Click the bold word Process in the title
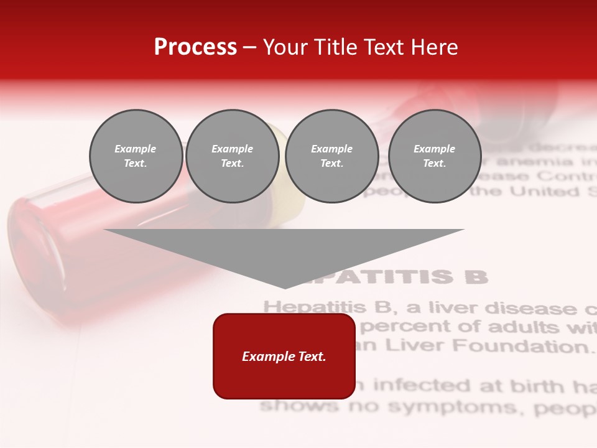[x=195, y=47]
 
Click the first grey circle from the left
[x=136, y=156]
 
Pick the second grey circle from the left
[x=233, y=156]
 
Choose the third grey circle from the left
[x=332, y=156]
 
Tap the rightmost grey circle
[x=435, y=156]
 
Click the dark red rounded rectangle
[x=284, y=356]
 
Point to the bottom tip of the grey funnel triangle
[x=284, y=287]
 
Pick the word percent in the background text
[x=399, y=327]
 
